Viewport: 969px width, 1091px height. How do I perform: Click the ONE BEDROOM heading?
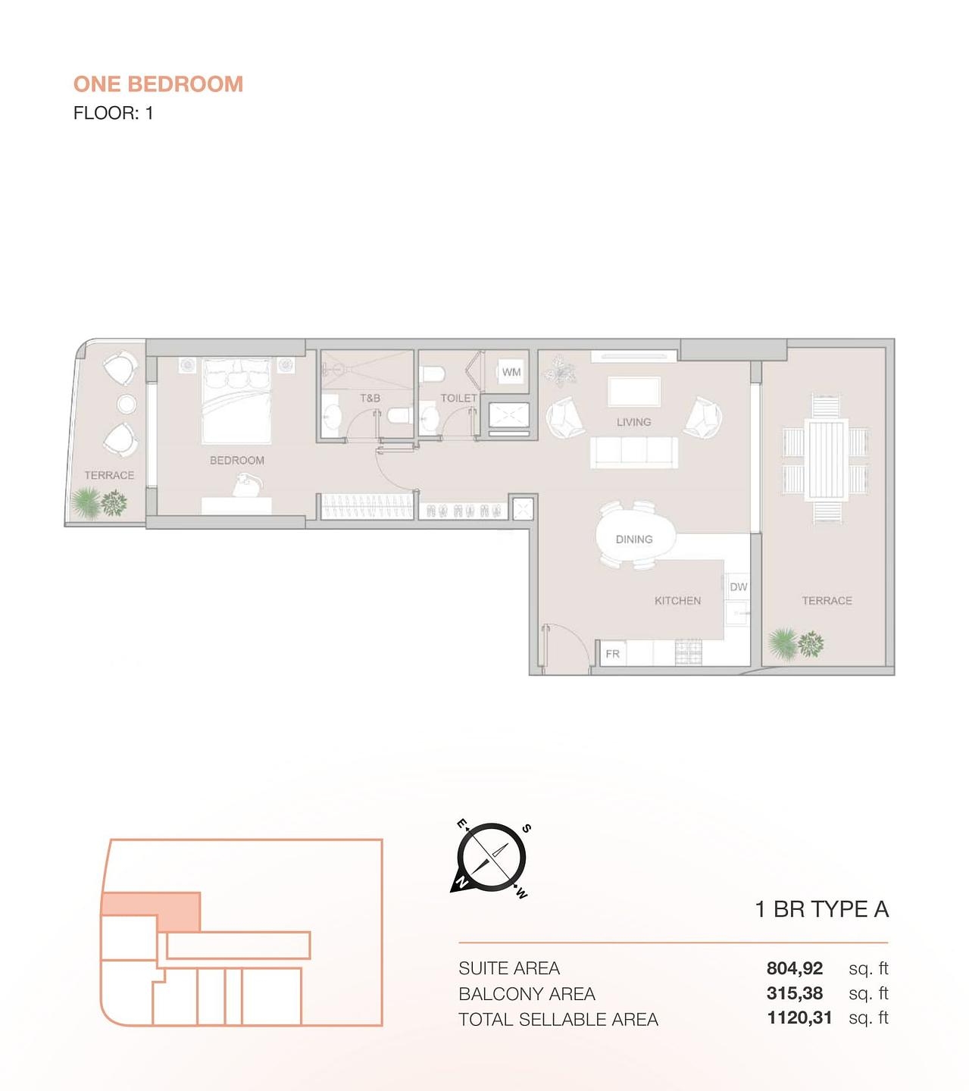click(158, 84)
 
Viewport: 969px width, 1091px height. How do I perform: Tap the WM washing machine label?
click(511, 372)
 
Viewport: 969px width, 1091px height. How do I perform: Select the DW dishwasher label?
click(738, 587)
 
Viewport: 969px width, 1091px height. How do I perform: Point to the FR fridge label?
click(612, 654)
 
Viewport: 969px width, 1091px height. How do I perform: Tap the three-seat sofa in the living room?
click(634, 452)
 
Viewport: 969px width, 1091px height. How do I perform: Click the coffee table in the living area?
click(634, 392)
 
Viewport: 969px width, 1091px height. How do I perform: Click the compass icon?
click(491, 857)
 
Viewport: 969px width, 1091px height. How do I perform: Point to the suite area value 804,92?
click(794, 968)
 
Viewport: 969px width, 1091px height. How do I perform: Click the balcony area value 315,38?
click(794, 993)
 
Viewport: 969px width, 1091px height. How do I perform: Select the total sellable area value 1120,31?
click(799, 1018)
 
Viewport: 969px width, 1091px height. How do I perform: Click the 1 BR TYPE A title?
click(821, 909)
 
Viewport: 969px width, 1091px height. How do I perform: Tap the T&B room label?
click(370, 398)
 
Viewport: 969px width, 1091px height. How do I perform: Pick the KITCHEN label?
click(677, 601)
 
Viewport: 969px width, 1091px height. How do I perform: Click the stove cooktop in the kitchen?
click(688, 652)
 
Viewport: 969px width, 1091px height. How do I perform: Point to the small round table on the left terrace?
click(127, 404)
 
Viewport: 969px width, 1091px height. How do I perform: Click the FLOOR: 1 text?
click(113, 114)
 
